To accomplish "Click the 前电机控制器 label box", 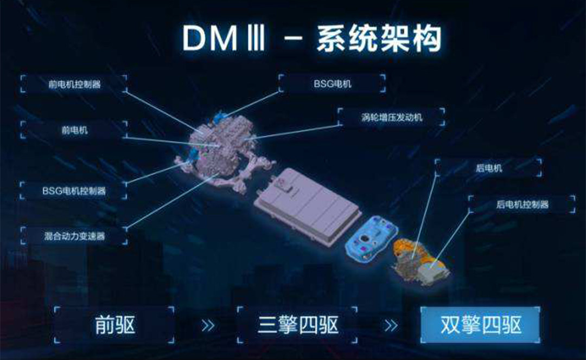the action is coord(74,83).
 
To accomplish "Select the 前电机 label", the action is coord(74,130).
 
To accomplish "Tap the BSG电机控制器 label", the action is coord(74,191).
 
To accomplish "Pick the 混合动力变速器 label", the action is coord(74,236).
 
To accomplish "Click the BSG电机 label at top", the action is coord(332,83).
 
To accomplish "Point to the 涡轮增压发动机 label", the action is coord(391,117).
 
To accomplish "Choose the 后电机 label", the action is coord(488,168).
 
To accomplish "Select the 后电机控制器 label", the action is coord(522,204).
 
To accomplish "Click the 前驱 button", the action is coord(114,325).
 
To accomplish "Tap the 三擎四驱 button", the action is coord(297,325).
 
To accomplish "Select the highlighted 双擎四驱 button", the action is coord(480,325).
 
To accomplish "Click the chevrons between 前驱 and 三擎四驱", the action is coord(208,325).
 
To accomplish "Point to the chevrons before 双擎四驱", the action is coord(391,325).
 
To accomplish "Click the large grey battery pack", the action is coord(307,206).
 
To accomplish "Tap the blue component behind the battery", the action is coord(371,239).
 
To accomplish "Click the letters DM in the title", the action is coord(210,38).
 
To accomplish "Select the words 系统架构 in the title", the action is coord(379,38).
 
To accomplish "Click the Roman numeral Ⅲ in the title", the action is coord(256,38).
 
